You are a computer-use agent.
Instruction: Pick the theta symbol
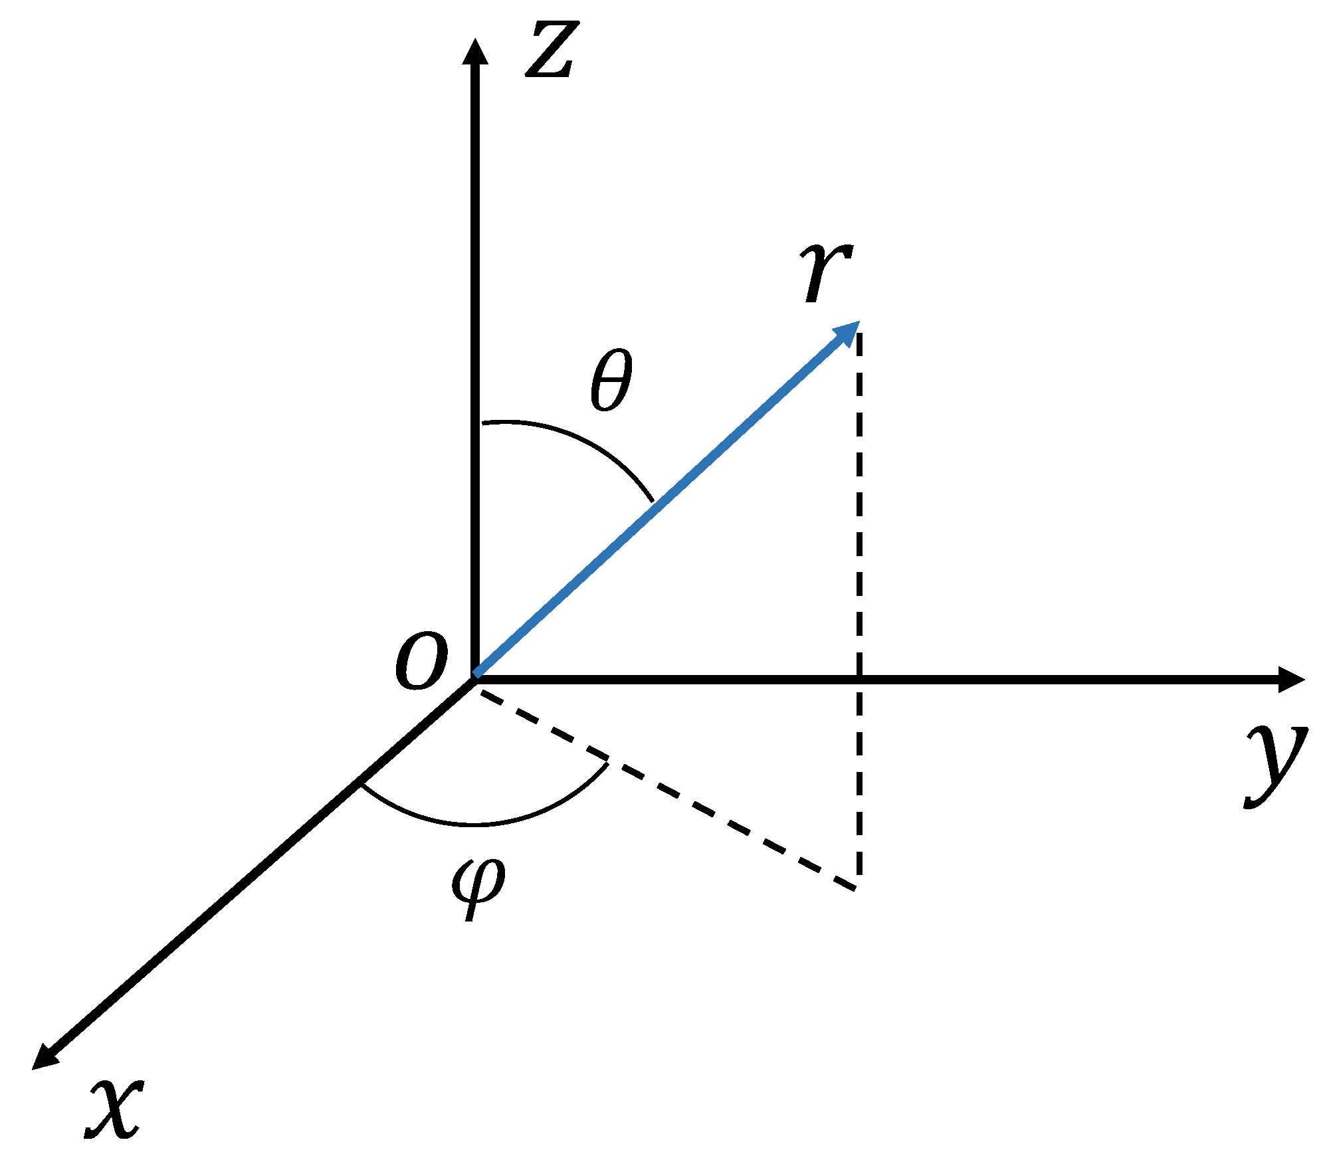click(x=611, y=380)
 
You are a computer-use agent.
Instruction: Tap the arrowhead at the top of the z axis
click(x=474, y=52)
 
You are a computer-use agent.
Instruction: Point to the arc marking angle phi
click(x=478, y=824)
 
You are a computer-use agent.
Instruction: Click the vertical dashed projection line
click(x=859, y=532)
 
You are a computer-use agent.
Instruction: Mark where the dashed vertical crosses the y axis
click(x=859, y=679)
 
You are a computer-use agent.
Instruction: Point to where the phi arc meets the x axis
click(x=361, y=783)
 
